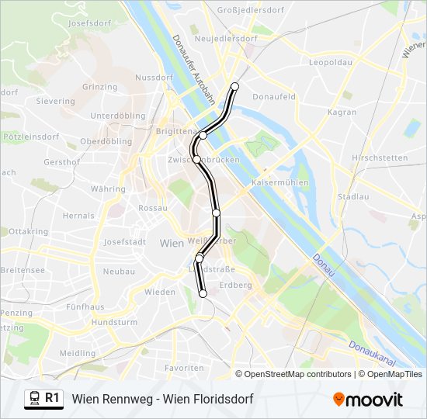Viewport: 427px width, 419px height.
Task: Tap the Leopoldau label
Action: point(331,61)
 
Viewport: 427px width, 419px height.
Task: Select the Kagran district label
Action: point(342,113)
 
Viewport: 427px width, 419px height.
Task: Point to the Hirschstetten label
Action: point(380,158)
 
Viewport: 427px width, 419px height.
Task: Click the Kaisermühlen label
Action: point(280,183)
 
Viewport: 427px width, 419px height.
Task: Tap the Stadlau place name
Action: point(354,197)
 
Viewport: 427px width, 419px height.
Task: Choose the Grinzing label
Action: point(99,87)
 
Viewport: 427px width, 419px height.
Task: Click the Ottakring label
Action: point(28,232)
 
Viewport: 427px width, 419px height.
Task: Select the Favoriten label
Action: point(185,368)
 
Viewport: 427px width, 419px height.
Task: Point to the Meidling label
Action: point(77,353)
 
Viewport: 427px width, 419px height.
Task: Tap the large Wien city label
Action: point(172,244)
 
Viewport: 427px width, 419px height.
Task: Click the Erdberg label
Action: point(237,286)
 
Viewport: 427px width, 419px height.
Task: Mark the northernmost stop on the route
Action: point(234,86)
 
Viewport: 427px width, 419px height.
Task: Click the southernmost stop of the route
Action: point(203,294)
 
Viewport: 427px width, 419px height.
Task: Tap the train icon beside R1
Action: point(34,399)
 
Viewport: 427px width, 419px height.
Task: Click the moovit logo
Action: point(368,400)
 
